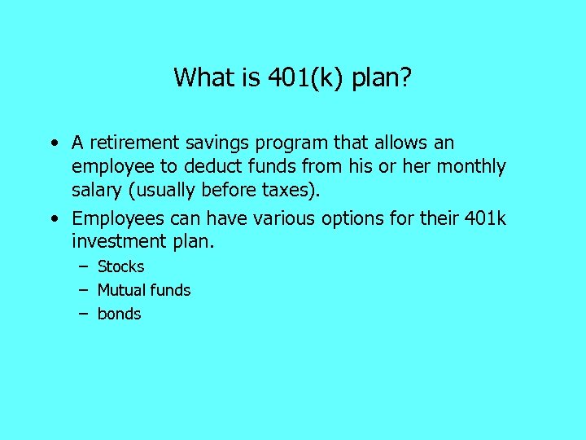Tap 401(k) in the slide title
[305, 77]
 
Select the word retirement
[135, 143]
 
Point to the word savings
[221, 143]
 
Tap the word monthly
[472, 167]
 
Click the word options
[350, 218]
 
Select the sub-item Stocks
[120, 266]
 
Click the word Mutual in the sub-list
[119, 290]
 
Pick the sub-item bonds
[119, 314]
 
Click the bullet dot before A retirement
[53, 144]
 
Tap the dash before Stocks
[84, 267]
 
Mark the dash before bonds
[84, 315]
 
